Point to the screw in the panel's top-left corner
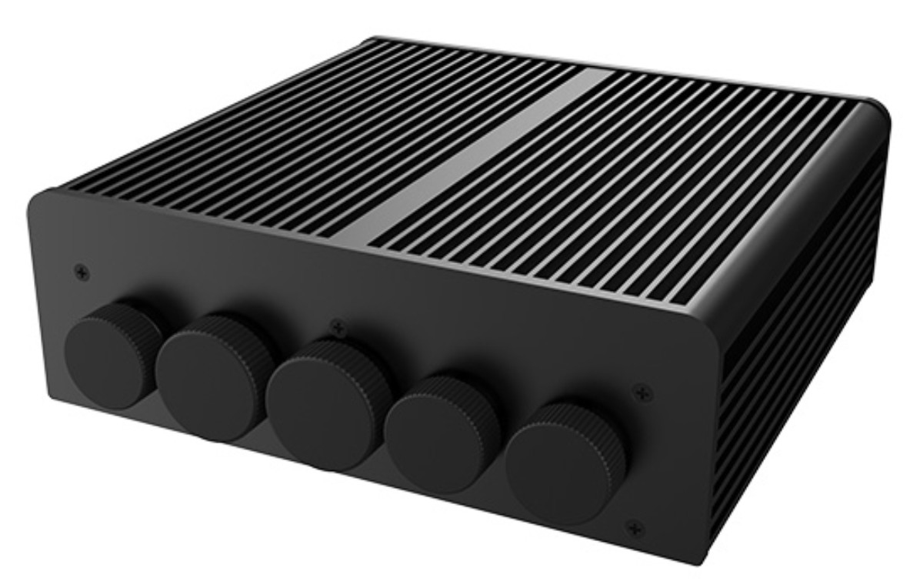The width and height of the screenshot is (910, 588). tap(82, 272)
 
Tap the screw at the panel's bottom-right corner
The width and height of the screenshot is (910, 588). tap(633, 528)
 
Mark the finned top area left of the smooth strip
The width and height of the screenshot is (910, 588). tap(308, 139)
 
